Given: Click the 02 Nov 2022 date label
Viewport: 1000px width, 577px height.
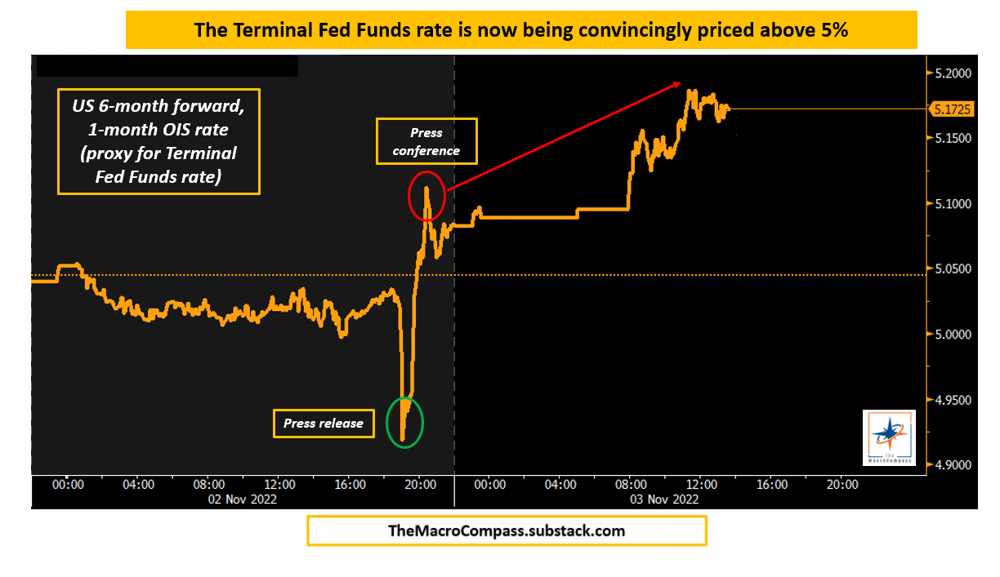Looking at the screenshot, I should tap(243, 499).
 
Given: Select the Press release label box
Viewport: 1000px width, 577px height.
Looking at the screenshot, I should tap(324, 423).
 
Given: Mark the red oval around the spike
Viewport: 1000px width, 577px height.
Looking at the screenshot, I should tap(426, 196).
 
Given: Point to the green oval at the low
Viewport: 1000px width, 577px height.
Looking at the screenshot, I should tap(405, 422).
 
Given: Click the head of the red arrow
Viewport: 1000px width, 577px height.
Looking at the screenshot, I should tap(679, 82).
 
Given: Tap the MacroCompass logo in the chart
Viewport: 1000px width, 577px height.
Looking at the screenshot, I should tap(889, 437).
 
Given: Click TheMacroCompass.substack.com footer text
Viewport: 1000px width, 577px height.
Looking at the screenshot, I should tap(507, 531).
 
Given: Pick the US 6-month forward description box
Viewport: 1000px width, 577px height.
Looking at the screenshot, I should tap(158, 142).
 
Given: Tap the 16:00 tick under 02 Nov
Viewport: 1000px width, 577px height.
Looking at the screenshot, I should tap(350, 484).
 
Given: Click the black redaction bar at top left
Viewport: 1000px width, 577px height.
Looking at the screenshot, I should tap(167, 66).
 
